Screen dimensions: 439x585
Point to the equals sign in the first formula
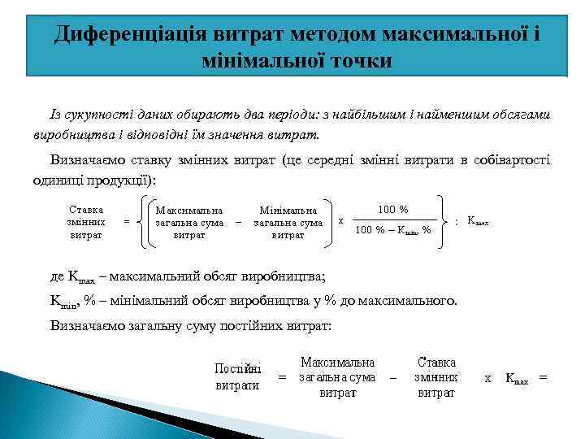point(126,220)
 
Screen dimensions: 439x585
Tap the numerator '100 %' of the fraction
point(393,209)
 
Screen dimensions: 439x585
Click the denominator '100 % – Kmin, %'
point(394,230)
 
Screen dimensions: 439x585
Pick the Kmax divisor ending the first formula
point(478,220)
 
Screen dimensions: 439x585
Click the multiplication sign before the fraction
point(340,219)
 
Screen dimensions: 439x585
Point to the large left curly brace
point(143,220)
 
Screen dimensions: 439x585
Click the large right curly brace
point(444,220)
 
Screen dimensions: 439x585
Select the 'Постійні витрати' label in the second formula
point(238,377)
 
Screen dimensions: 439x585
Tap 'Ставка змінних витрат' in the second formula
point(436,377)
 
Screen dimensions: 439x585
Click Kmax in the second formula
point(517,378)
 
